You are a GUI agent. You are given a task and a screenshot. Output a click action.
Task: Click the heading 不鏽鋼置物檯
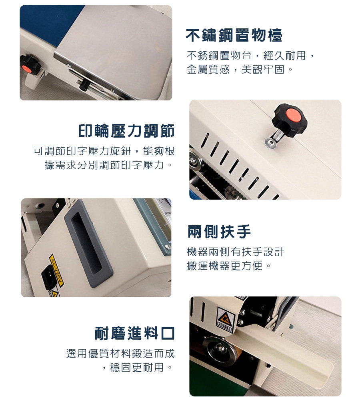234,36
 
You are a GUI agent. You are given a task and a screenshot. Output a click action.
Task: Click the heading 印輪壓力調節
126,131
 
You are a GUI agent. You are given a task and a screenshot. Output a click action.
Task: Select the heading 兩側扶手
219,231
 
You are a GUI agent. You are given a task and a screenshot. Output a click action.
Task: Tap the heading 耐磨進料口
135,333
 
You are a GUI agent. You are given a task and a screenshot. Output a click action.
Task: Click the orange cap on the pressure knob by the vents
293,116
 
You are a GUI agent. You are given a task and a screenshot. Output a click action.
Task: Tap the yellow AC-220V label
56,270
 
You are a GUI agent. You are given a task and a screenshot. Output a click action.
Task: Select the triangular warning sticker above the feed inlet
226,317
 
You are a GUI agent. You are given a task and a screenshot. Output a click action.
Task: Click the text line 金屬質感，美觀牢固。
240,69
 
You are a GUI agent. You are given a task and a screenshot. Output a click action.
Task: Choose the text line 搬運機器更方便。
229,266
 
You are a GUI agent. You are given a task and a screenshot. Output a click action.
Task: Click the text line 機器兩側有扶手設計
236,252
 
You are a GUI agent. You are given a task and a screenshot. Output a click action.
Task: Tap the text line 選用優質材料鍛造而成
120,354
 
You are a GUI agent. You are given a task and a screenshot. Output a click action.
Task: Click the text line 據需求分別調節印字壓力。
108,165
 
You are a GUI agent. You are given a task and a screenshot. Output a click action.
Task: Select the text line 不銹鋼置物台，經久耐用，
251,55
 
